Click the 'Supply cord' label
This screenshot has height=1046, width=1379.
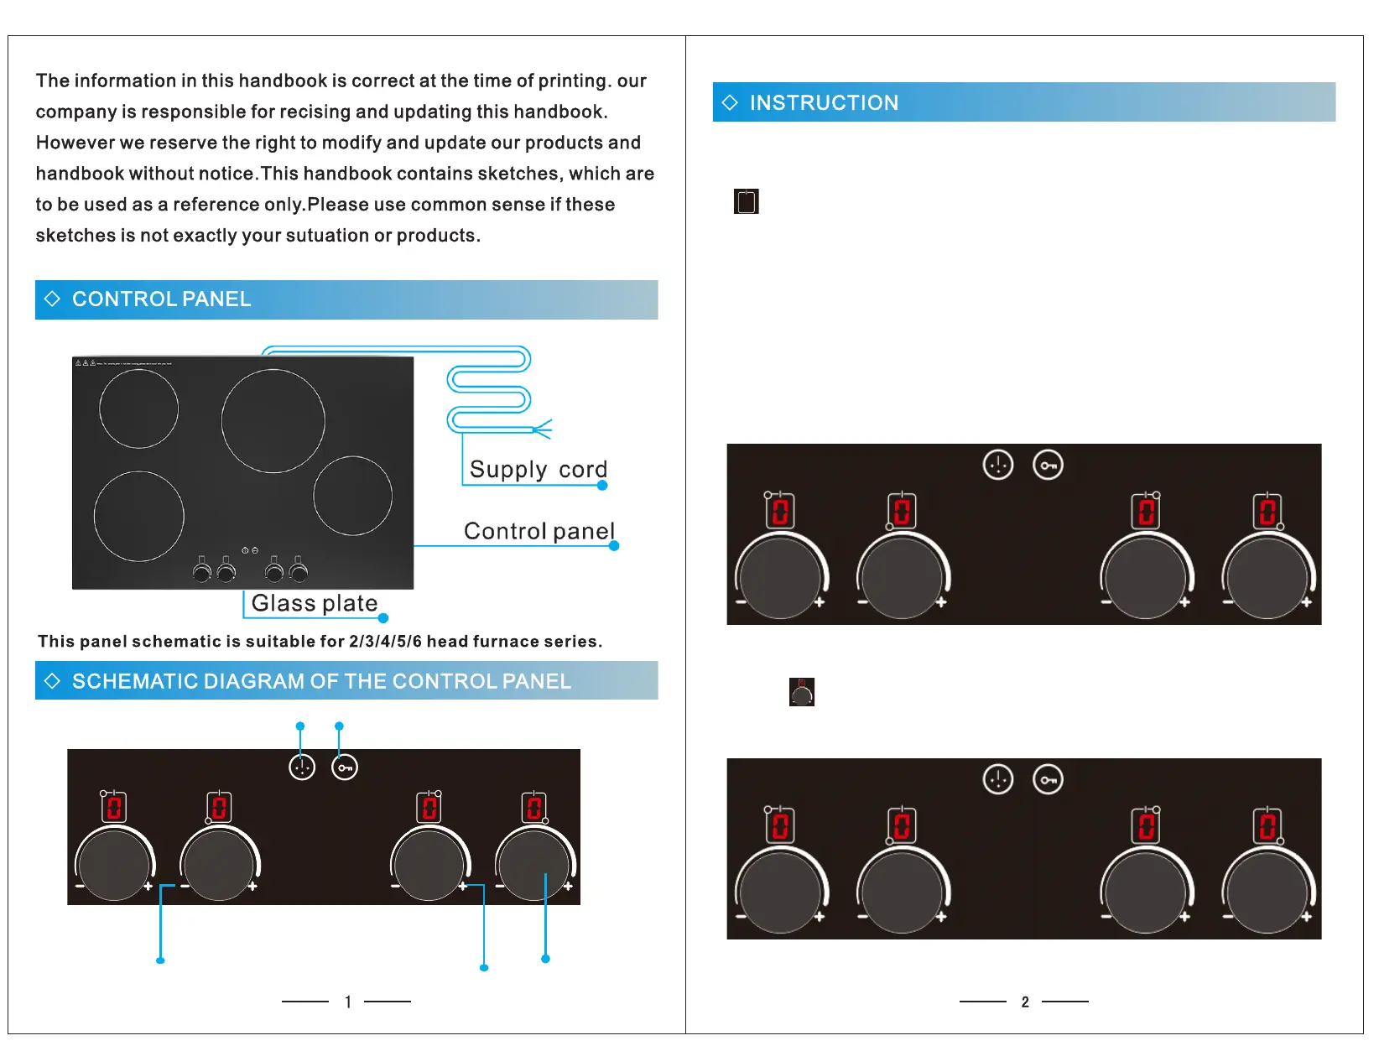538,469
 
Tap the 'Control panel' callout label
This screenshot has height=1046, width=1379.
539,531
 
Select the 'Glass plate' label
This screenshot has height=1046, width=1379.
315,603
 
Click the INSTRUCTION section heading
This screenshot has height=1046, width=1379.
824,102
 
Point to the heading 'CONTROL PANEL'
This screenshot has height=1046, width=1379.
161,299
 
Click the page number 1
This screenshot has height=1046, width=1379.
348,1002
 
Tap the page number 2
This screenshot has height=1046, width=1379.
1025,1002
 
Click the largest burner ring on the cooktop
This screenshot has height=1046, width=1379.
273,421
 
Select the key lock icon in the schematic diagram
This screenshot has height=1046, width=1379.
345,767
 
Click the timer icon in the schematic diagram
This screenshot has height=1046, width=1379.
302,767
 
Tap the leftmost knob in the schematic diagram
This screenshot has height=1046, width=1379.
114,865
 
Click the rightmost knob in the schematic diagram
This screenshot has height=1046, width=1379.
533,865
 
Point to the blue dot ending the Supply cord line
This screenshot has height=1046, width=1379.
602,485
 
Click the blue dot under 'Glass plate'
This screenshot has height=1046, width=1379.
383,618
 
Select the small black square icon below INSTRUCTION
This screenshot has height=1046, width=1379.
746,201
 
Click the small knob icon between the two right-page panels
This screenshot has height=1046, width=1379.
802,692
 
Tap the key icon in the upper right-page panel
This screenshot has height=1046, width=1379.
1049,465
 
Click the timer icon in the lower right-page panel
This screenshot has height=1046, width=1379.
998,779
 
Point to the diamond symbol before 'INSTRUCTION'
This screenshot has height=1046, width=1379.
730,102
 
